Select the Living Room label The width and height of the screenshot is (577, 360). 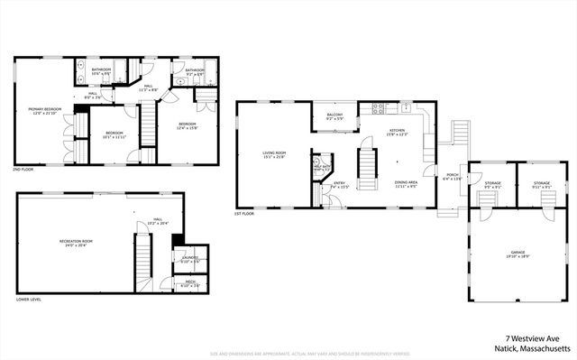[274, 155]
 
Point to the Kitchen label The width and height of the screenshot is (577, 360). [397, 133]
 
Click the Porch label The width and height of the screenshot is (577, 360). [451, 177]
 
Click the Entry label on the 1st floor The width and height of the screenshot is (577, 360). [340, 186]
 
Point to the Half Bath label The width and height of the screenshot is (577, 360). [322, 167]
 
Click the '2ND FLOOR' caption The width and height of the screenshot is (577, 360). [23, 170]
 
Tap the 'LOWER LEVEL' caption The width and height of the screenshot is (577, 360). [29, 299]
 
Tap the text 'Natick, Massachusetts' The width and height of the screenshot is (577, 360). [532, 346]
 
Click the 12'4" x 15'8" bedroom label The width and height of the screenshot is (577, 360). [187, 125]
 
